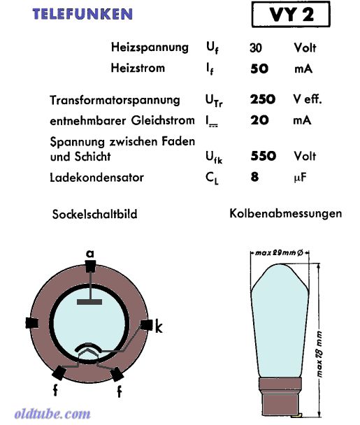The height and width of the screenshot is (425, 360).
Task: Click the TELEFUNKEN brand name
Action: (x=82, y=14)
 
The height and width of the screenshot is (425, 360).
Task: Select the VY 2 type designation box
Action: (x=291, y=14)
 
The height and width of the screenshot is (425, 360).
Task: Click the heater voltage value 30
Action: (x=256, y=48)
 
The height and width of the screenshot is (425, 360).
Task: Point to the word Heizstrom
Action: (x=138, y=68)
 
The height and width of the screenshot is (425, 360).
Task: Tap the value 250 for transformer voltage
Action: (x=263, y=99)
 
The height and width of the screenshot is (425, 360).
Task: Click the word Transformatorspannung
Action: (x=115, y=100)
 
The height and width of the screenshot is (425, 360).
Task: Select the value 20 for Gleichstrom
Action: (x=259, y=120)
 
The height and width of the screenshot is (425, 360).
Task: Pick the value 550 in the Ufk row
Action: (x=264, y=156)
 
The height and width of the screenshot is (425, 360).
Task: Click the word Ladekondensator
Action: (x=96, y=178)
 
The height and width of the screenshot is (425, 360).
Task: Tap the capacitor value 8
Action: (x=254, y=177)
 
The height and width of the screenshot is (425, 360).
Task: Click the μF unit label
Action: (x=300, y=178)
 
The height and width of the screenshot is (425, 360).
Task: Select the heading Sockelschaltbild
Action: (x=94, y=214)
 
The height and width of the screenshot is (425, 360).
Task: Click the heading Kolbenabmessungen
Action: (x=285, y=213)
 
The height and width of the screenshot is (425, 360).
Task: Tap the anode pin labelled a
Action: (x=90, y=266)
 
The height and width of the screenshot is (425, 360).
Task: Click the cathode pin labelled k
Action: (x=147, y=325)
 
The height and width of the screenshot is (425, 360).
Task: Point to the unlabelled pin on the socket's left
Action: (x=32, y=323)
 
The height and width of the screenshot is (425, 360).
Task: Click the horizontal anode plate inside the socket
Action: (x=89, y=302)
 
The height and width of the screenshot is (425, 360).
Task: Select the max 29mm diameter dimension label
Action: (x=279, y=253)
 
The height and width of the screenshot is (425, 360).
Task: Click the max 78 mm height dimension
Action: (x=319, y=354)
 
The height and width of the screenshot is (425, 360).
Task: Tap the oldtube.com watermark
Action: (x=52, y=414)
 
